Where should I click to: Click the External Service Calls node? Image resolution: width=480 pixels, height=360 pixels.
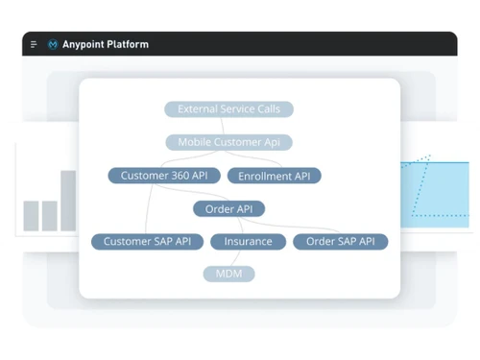click(228, 109)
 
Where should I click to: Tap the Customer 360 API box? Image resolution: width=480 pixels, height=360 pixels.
click(163, 176)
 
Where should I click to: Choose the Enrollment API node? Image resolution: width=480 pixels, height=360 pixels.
click(274, 177)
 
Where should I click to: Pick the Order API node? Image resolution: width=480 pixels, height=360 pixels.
click(228, 208)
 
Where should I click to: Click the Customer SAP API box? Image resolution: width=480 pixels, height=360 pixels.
click(147, 241)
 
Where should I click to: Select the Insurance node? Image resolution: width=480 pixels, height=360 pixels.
click(248, 241)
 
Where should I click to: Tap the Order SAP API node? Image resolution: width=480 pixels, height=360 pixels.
click(340, 241)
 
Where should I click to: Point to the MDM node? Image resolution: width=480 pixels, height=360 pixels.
click(228, 274)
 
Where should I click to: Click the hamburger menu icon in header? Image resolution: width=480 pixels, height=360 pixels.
click(34, 44)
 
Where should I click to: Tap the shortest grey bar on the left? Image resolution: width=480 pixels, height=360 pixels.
click(31, 215)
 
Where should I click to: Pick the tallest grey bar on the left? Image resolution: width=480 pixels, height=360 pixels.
click(68, 200)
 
